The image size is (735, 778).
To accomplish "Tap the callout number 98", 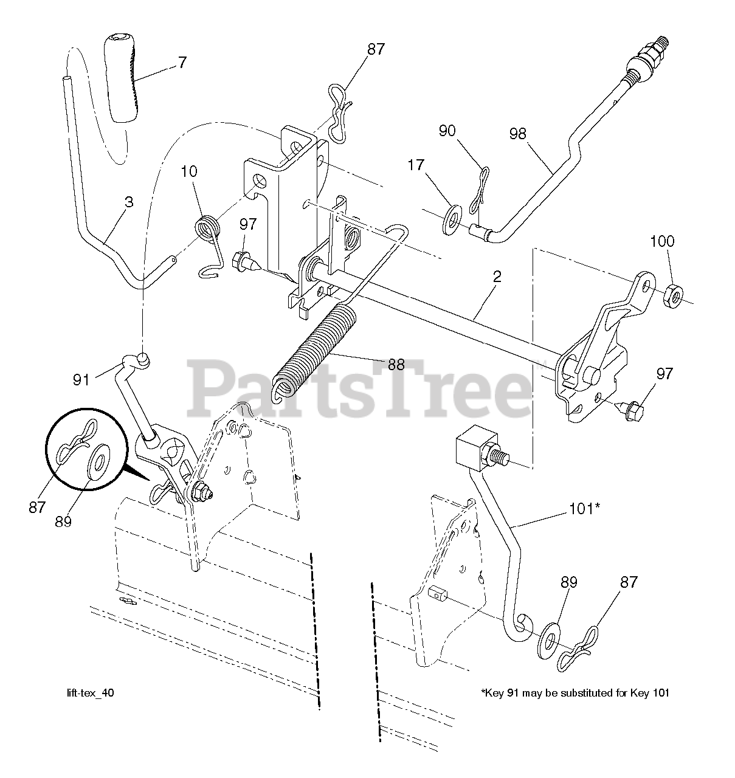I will [x=517, y=134].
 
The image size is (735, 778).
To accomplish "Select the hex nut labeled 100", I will [x=672, y=296].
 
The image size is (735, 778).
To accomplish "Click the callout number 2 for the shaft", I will [x=497, y=277].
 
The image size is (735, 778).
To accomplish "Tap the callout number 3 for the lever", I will [x=128, y=202].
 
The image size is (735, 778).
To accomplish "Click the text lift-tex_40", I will [x=89, y=692].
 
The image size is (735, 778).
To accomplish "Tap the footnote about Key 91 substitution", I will [x=575, y=692].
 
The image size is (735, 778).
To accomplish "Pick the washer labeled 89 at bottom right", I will [x=550, y=638].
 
